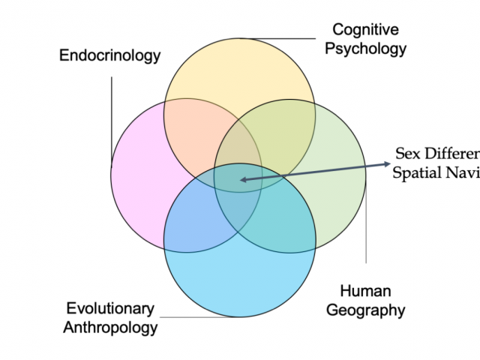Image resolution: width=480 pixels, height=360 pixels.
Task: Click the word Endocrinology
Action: pos(110,55)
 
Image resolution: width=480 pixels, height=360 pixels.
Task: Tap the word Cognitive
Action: pos(366,31)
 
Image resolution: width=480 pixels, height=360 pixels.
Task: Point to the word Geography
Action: pos(365,310)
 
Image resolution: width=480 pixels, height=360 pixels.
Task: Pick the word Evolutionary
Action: pos(110,308)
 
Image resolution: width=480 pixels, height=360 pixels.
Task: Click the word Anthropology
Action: pos(110,328)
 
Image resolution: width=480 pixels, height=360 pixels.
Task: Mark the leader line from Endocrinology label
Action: pos(112,112)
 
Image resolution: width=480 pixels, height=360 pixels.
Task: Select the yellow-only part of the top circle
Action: pos(240,75)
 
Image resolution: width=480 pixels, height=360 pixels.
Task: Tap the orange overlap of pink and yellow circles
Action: pos(191,127)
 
